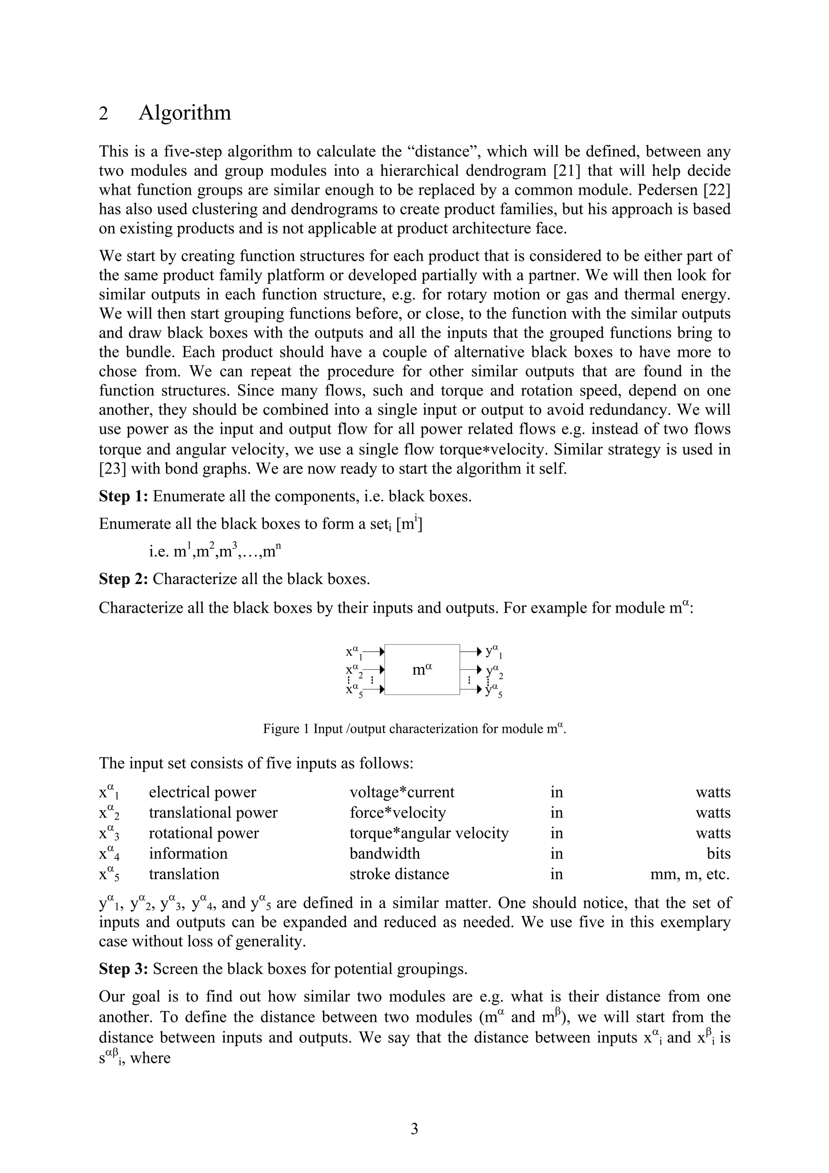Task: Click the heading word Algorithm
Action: click(x=185, y=113)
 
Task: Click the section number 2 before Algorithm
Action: click(x=103, y=114)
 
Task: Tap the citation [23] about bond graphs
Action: click(x=113, y=468)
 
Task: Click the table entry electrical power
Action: click(x=202, y=793)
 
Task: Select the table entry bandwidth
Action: click(x=385, y=854)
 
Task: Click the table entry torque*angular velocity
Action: click(x=429, y=833)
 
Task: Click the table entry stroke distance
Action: click(x=399, y=874)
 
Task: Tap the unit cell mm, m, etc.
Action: click(x=690, y=874)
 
